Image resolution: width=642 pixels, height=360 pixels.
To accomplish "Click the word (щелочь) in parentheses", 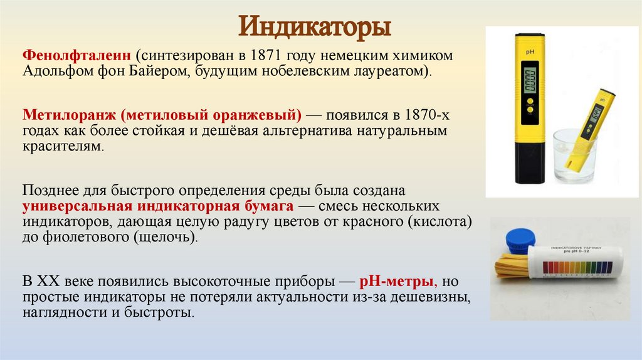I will (x=161, y=238).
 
